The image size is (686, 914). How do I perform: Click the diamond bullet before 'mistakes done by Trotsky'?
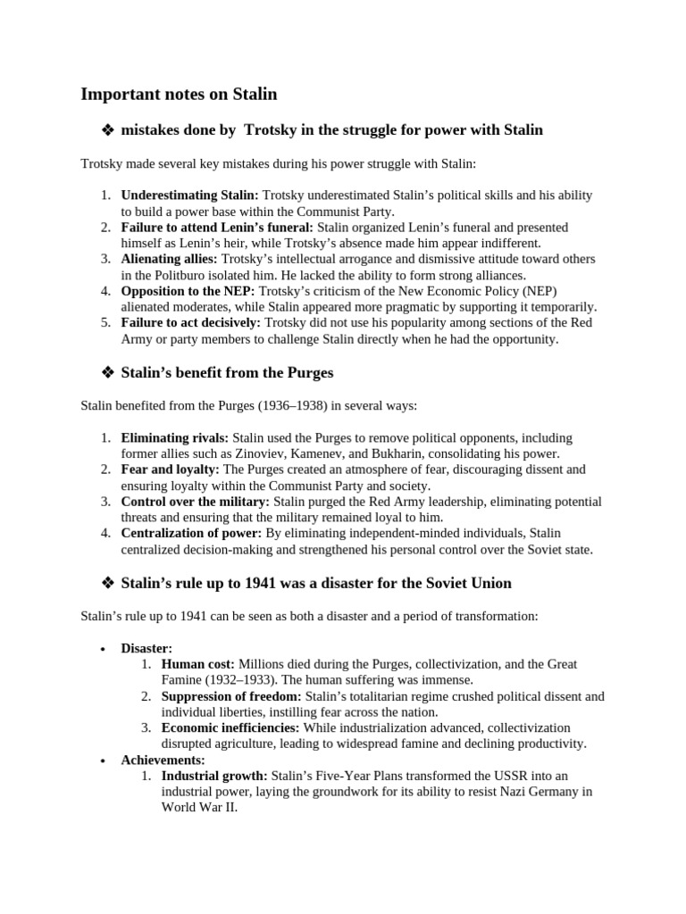coord(107,131)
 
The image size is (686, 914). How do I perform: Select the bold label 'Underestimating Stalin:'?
coord(189,195)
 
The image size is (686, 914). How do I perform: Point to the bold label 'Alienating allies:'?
coord(170,259)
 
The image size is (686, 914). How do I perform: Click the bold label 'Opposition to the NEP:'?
coord(188,291)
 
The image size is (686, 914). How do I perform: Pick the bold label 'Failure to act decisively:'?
coord(191,323)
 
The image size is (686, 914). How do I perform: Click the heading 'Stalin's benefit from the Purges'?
coord(227,372)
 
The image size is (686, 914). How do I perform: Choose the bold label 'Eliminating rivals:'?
coord(175,437)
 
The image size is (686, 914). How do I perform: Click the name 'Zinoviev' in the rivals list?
coord(235,453)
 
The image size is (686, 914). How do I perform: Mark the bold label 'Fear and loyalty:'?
coord(170,469)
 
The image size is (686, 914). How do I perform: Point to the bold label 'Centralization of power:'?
coord(192,534)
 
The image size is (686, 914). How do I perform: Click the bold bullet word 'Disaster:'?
coord(146,648)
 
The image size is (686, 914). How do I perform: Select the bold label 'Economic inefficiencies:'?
coord(230,728)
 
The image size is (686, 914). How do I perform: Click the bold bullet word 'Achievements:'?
coord(163,760)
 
